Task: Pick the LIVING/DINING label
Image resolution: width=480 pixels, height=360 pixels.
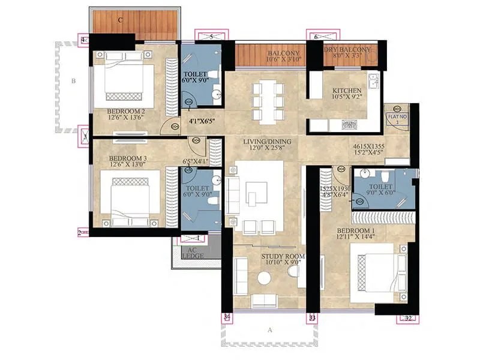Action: [x=267, y=142]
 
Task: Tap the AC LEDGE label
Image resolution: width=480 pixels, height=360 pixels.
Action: [x=193, y=253]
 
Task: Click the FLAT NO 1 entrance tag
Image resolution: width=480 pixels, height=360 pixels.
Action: [x=394, y=118]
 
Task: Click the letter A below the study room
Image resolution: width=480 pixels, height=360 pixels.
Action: [x=269, y=329]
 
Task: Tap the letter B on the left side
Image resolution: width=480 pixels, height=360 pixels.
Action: [x=73, y=79]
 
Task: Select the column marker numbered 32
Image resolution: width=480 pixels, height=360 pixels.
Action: [x=409, y=319]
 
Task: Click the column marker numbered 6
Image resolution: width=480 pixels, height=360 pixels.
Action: [x=316, y=37]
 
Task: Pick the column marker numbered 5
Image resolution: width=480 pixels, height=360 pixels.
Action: [x=211, y=37]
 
